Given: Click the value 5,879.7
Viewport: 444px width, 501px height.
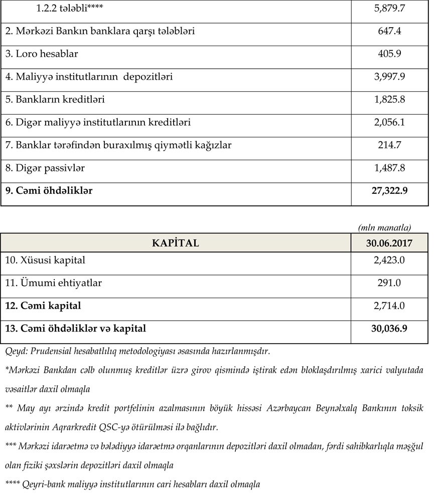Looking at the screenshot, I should [389, 9].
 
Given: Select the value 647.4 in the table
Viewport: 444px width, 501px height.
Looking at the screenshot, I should [389, 31].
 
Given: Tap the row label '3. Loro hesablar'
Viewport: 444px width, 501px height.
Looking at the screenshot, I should [42, 54].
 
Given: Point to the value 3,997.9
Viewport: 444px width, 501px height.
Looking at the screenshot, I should [389, 77].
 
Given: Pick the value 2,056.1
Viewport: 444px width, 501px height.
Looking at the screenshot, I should [389, 122].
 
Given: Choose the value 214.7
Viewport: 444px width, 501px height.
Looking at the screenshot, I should [389, 145].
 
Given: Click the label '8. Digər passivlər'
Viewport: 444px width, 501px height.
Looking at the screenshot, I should [45, 168].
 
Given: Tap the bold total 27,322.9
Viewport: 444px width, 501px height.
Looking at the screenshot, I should [389, 191].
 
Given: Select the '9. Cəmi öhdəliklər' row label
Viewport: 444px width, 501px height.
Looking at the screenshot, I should [49, 191].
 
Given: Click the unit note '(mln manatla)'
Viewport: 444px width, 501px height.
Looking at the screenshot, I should [385, 227].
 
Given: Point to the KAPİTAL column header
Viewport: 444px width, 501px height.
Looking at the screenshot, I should [176, 243].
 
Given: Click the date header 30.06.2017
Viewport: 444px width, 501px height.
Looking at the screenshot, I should [389, 243].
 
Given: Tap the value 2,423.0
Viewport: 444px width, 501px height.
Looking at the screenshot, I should [389, 261].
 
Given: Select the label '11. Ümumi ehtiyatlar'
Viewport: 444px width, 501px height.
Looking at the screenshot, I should [54, 283].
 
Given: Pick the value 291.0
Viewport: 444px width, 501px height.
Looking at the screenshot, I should [389, 283].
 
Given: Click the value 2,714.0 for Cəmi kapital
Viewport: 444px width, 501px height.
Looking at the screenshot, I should [389, 306].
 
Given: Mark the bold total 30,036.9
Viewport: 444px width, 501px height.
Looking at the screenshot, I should [389, 329].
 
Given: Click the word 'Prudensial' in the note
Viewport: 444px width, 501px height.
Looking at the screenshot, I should [52, 351].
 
